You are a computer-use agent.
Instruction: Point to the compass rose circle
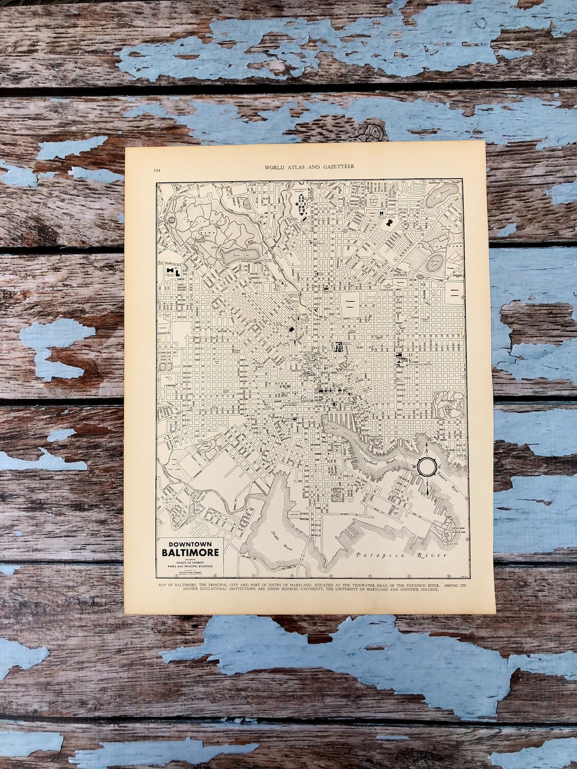pyautogui.click(x=426, y=467)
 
